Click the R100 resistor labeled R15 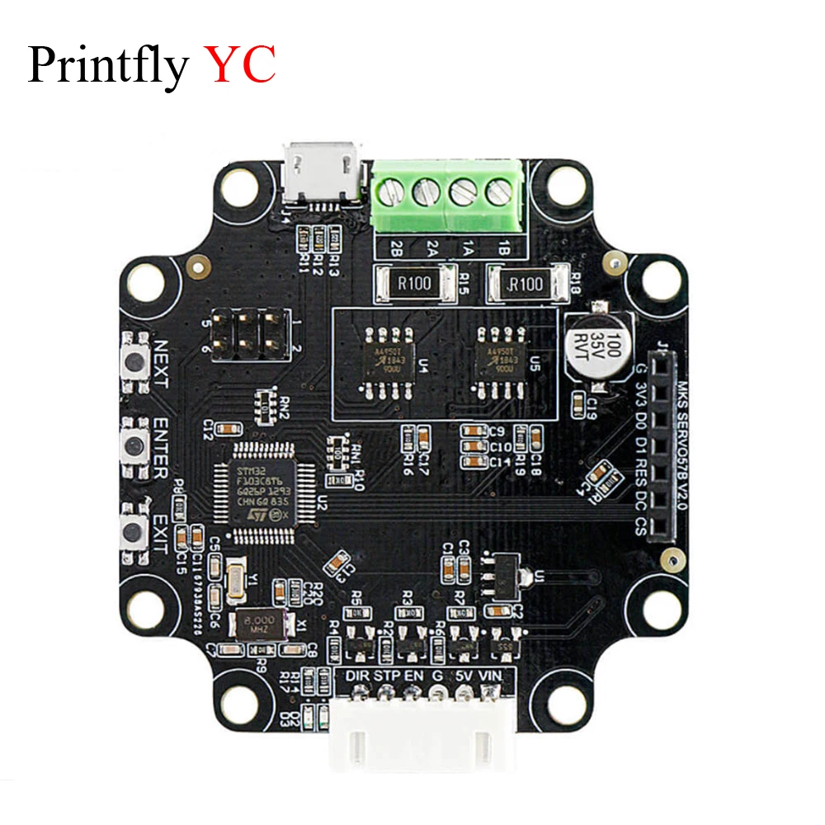(415, 284)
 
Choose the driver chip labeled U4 (384, 357)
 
